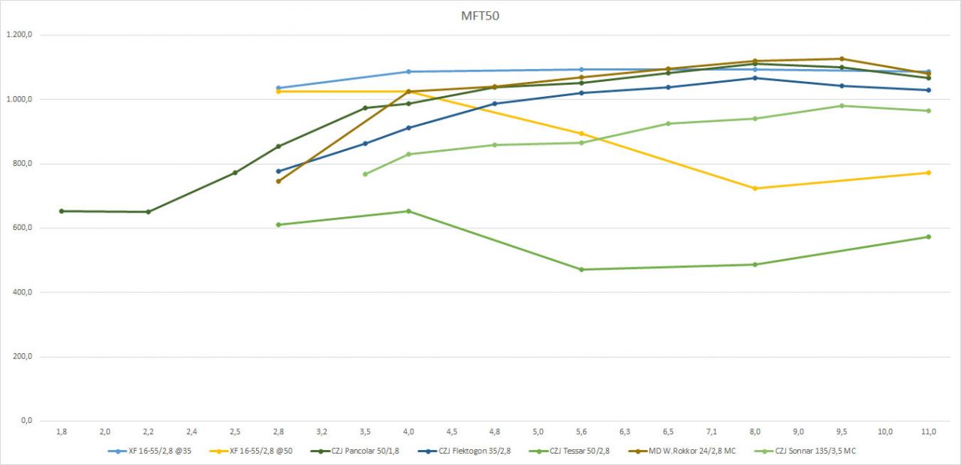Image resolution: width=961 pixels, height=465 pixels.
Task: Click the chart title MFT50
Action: (x=480, y=16)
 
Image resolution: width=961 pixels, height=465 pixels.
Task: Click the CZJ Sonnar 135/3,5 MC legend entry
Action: (x=814, y=451)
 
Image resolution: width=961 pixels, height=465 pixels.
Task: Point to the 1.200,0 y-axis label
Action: (x=20, y=35)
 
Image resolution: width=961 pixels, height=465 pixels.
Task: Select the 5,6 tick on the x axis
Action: (x=581, y=432)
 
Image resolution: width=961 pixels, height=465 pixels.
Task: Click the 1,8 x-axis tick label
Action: (x=62, y=432)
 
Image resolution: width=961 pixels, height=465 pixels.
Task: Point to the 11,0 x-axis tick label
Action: (x=928, y=432)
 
